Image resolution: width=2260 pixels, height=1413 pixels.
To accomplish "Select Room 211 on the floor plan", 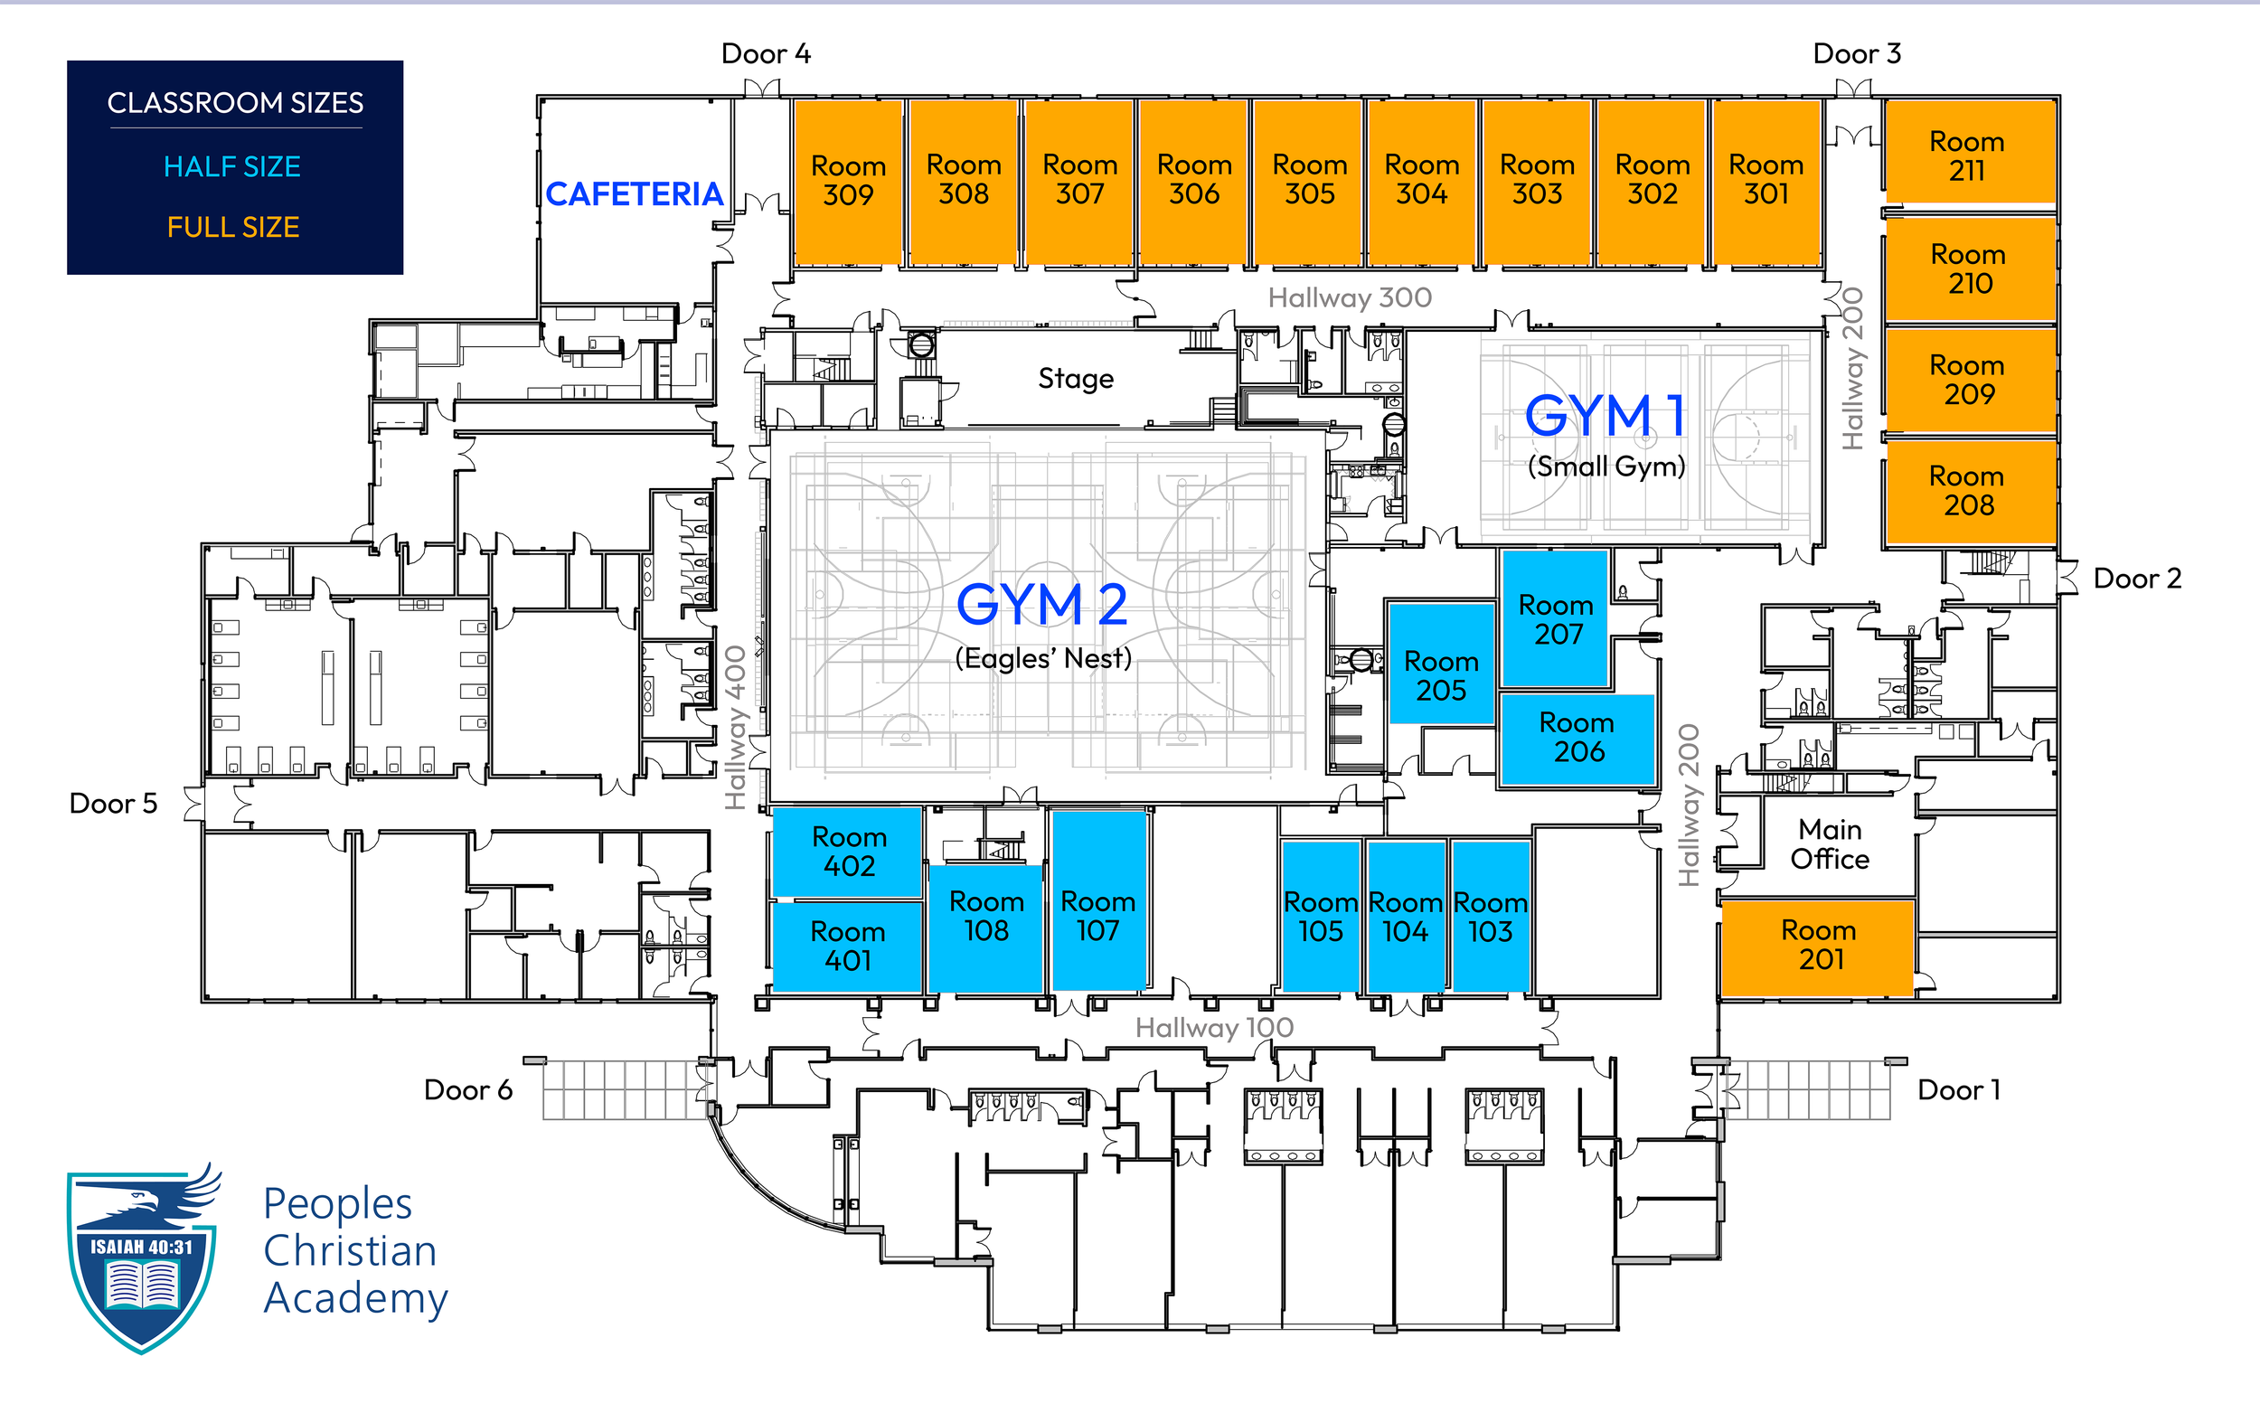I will tap(1968, 155).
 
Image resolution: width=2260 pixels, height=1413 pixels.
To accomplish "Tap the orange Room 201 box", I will tap(1819, 945).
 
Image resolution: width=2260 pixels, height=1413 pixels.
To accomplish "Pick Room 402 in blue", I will tap(848, 852).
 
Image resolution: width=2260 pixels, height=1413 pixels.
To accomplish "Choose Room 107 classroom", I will tap(1097, 916).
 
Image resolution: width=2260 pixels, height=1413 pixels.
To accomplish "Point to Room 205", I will tap(1441, 675).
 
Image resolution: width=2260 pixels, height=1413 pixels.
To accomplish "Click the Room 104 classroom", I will tap(1405, 917).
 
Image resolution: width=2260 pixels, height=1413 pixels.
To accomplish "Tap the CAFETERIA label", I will tap(635, 194).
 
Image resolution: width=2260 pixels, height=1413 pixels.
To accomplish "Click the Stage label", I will tap(1076, 379).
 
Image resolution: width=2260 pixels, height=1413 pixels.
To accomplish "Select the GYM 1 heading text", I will tap(1606, 416).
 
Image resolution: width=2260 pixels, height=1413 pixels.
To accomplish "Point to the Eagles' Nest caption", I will tap(1042, 659).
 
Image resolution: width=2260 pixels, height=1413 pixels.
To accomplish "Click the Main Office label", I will tap(1830, 843).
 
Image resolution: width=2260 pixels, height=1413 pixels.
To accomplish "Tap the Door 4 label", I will tap(765, 54).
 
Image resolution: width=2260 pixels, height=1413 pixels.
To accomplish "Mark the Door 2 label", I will tap(2137, 579).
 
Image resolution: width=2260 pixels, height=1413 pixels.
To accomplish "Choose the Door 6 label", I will tap(468, 1089).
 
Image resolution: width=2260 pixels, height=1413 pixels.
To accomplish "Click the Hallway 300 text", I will tap(1349, 298).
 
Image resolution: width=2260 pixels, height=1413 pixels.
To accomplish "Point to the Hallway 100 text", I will tap(1213, 1028).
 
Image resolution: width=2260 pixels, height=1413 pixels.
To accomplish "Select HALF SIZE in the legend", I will tap(231, 167).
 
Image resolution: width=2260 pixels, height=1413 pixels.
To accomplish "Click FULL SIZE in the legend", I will tap(232, 227).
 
